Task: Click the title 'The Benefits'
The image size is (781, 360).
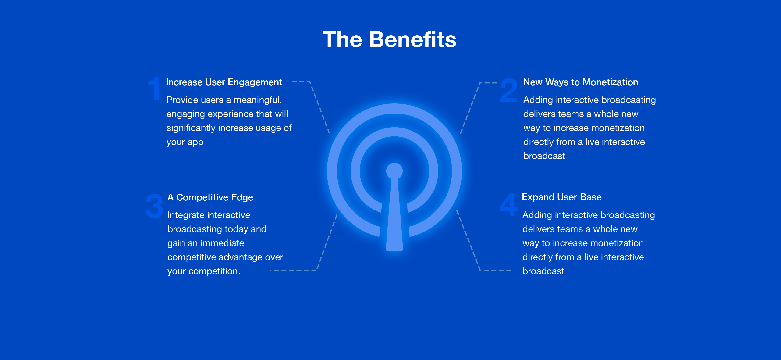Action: [389, 39]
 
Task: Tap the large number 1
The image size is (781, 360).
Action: [154, 89]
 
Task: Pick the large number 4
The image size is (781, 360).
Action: [508, 204]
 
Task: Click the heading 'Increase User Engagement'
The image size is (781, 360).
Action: [224, 82]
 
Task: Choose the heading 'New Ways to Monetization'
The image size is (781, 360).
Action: [581, 82]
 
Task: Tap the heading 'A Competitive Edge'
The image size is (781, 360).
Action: [210, 197]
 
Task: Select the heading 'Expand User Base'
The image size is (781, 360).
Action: [561, 197]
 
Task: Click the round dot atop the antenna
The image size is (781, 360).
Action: [394, 171]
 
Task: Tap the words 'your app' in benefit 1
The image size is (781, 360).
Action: [185, 142]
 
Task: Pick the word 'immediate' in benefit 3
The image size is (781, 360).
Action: [222, 243]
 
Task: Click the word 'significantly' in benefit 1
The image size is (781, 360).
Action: [191, 128]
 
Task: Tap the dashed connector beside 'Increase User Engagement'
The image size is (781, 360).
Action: [311, 106]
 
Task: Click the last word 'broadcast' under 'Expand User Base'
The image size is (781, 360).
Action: [543, 271]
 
